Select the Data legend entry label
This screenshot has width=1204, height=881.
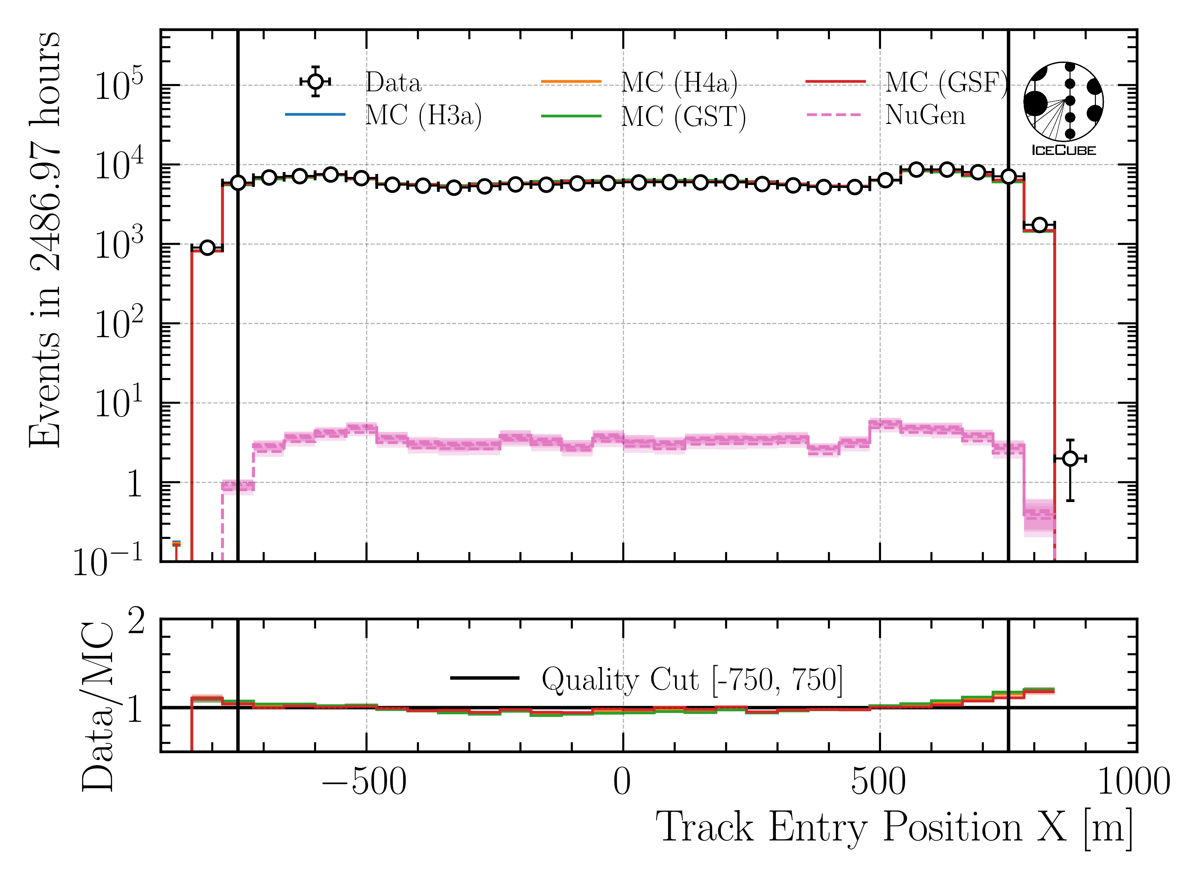pos(393,83)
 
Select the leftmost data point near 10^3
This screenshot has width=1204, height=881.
pos(207,248)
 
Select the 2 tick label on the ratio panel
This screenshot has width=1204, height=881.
pos(136,622)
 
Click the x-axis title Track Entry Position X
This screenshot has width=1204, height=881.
pos(894,828)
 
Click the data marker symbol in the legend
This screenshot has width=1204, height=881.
pos(316,82)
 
